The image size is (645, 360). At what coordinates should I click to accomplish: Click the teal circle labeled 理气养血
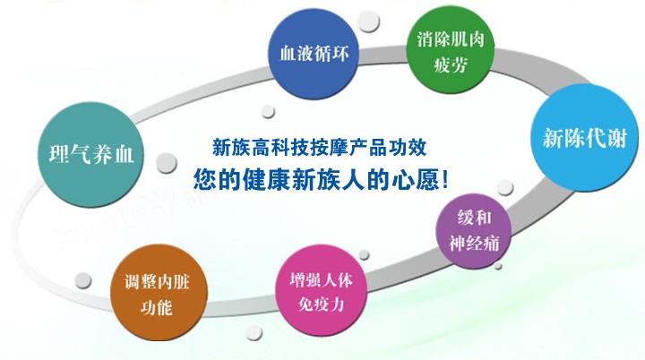(x=90, y=154)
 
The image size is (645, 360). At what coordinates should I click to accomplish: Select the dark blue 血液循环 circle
(x=314, y=54)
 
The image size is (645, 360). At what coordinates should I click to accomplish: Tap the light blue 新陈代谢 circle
(x=584, y=137)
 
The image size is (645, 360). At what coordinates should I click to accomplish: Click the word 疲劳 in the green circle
(x=451, y=65)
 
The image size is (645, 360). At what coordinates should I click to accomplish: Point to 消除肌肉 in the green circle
(x=451, y=39)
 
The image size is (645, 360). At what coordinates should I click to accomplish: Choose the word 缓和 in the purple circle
(x=474, y=218)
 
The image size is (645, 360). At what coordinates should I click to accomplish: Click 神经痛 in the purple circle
(x=474, y=243)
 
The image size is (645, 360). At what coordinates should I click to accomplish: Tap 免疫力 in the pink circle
(x=321, y=304)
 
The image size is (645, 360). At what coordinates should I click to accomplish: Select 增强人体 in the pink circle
(x=321, y=279)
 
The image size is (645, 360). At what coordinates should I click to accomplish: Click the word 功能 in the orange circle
(x=157, y=307)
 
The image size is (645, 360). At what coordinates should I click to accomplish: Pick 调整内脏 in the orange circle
(x=157, y=282)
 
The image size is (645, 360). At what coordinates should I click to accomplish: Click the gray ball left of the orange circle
(x=83, y=280)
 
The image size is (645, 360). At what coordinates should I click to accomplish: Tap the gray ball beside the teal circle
(x=167, y=162)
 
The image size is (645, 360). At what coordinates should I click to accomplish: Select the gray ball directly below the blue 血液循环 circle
(x=268, y=112)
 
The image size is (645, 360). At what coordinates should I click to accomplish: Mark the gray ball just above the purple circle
(x=504, y=187)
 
